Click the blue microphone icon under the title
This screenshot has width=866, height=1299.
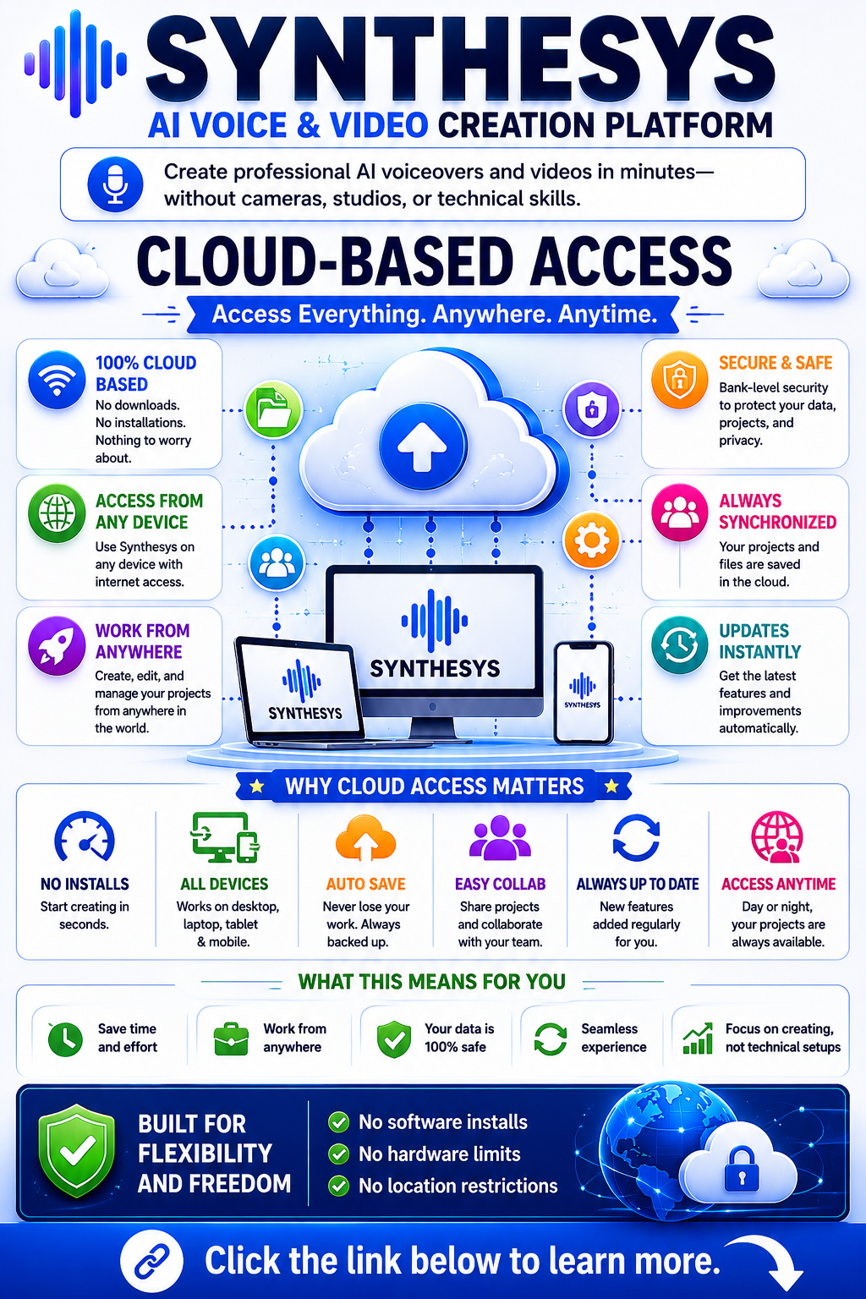[x=115, y=184]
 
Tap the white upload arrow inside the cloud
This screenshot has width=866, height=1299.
[x=422, y=447]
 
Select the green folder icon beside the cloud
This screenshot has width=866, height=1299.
[x=273, y=409]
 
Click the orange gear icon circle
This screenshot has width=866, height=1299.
[x=591, y=540]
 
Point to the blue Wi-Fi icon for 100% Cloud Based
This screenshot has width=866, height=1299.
[x=57, y=379]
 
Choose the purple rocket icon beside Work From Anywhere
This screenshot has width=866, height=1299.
[x=57, y=646]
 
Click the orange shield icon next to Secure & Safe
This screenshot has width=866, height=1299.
[x=679, y=379]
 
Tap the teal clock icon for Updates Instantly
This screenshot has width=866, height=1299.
[x=679, y=645]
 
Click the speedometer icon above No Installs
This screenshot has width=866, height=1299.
[x=85, y=836]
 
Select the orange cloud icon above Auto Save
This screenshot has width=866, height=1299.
[x=365, y=837]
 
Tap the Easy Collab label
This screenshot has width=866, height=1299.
[x=500, y=884]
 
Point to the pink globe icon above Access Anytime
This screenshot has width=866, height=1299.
[x=777, y=837]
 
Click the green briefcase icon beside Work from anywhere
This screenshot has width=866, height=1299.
[x=231, y=1038]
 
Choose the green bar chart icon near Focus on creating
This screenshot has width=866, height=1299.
[x=698, y=1038]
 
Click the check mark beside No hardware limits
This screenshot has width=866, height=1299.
[x=338, y=1154]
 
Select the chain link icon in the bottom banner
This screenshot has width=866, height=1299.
[x=151, y=1261]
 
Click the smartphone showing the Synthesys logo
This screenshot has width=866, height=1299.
[x=583, y=693]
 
